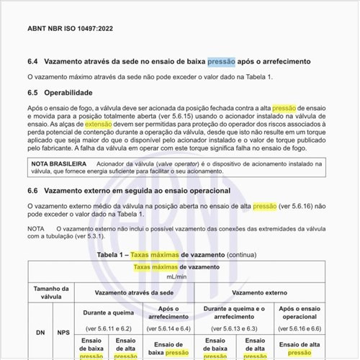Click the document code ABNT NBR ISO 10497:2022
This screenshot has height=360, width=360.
[x=70, y=30]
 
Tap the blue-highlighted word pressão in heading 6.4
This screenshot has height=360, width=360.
[x=222, y=61]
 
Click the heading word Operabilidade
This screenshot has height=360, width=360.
[x=68, y=93]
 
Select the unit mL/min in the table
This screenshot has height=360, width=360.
[x=176, y=276]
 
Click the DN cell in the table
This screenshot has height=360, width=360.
[x=40, y=333]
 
